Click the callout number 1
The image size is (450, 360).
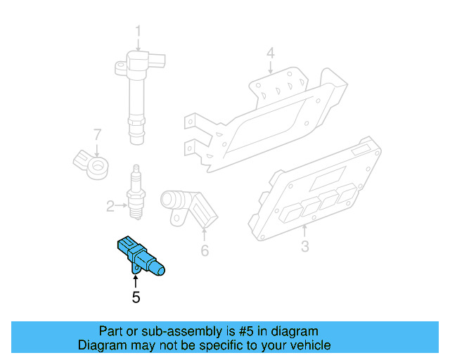[x=138, y=31]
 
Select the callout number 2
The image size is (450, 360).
[x=110, y=206]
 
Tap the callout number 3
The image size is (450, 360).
[x=304, y=246]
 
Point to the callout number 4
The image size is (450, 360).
[x=270, y=52]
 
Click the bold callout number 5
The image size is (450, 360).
[x=136, y=297]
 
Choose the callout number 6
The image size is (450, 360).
[x=205, y=250]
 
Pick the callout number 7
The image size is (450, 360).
[x=98, y=134]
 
